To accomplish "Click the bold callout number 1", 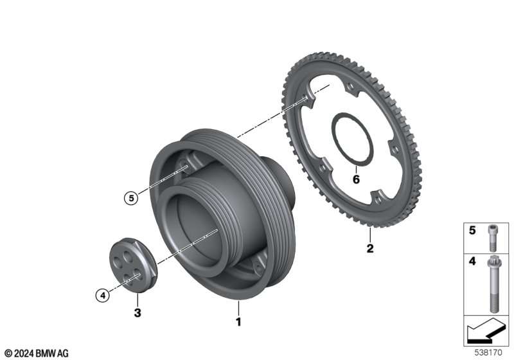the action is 238,321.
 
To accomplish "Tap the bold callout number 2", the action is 370,248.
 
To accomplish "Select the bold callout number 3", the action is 137,312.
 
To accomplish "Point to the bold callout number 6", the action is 356,179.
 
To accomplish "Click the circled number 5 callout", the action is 131,198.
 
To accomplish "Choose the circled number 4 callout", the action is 103,296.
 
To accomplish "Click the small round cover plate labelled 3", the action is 133,265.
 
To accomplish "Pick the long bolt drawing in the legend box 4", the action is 493,284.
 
